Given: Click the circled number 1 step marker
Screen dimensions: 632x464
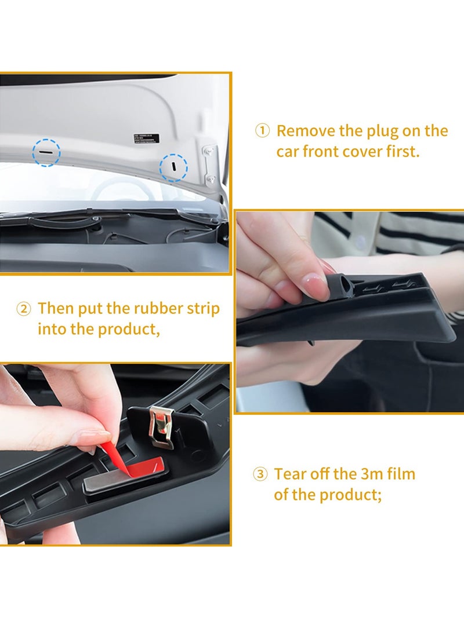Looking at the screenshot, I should [262, 131].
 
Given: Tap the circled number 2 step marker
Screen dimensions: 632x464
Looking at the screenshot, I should [23, 308].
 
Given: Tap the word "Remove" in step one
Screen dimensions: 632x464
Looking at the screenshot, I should [306, 131].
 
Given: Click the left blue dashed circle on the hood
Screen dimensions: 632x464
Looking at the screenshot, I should [46, 152].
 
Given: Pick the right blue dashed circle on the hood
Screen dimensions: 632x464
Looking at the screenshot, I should [173, 167].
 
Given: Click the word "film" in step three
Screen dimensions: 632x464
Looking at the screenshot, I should [400, 474].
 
